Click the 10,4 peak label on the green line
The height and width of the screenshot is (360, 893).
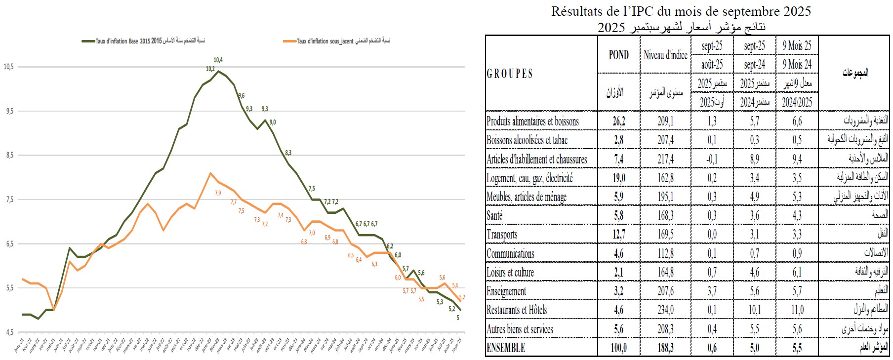click(x=218, y=60)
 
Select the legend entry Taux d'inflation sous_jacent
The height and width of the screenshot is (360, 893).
click(x=325, y=41)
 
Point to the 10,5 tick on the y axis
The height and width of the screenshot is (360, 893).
click(x=9, y=67)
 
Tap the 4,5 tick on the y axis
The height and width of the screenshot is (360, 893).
click(x=9, y=332)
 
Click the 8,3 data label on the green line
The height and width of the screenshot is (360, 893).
click(x=288, y=153)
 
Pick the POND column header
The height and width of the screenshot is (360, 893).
click(x=618, y=55)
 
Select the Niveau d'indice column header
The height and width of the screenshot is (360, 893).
click(x=665, y=55)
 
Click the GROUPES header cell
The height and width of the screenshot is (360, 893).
click(x=510, y=74)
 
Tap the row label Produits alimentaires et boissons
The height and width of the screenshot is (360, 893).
click(x=532, y=121)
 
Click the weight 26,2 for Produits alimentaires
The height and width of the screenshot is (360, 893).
click(x=619, y=121)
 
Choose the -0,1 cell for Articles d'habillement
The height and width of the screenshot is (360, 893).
click(x=712, y=159)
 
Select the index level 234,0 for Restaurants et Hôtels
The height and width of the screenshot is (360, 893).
click(x=665, y=310)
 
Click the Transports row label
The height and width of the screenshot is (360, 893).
click(x=502, y=235)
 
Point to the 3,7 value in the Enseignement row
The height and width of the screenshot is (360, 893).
click(x=712, y=291)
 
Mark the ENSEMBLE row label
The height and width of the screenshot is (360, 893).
click(x=506, y=348)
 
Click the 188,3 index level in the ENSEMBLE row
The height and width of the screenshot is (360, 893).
click(x=665, y=348)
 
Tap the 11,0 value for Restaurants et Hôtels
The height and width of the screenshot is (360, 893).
click(x=797, y=310)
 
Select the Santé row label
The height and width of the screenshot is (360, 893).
click(x=494, y=216)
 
